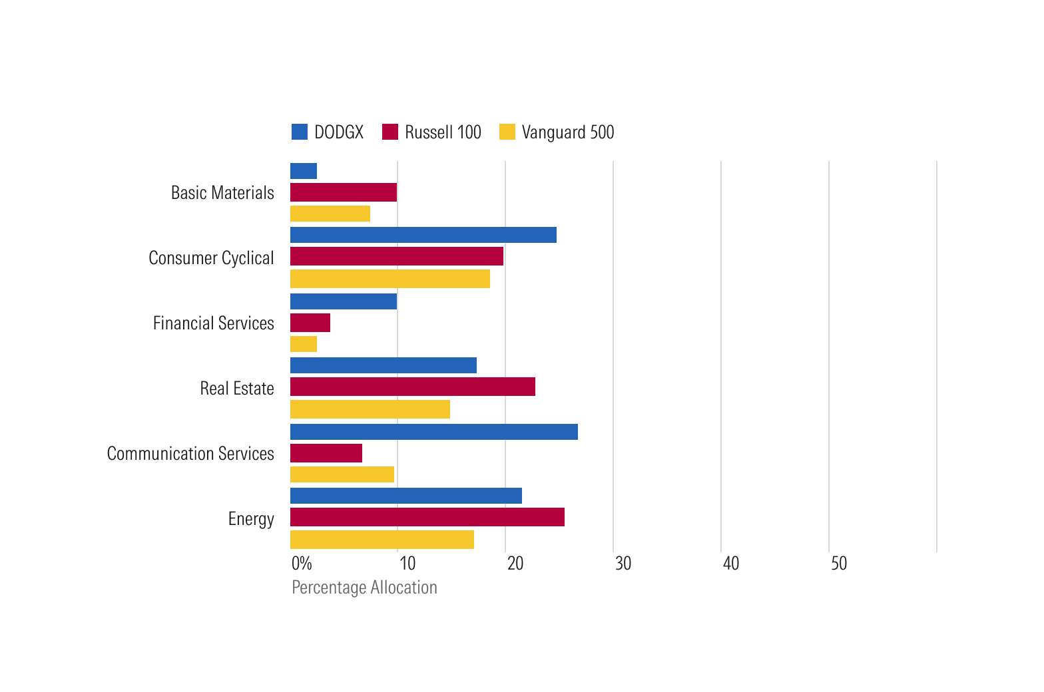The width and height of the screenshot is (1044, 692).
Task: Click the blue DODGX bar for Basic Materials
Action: [304, 171]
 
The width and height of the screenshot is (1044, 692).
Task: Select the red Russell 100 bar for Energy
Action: [427, 517]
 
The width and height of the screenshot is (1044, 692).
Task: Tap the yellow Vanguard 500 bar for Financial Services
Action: [304, 344]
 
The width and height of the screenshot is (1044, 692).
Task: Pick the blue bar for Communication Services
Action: [433, 432]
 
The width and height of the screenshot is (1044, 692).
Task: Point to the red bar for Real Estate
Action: [412, 387]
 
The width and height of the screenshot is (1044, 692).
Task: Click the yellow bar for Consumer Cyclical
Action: [390, 279]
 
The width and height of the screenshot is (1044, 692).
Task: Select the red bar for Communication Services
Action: [326, 453]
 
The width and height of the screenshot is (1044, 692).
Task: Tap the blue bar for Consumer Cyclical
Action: [423, 235]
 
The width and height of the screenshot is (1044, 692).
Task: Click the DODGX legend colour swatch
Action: [300, 132]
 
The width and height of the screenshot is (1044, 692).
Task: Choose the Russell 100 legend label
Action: [443, 132]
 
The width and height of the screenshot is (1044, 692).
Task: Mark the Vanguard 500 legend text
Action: [567, 132]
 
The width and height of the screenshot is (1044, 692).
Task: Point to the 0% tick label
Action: [302, 564]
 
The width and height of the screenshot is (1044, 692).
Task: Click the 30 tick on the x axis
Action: [623, 564]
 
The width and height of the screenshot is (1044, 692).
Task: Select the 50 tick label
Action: [838, 564]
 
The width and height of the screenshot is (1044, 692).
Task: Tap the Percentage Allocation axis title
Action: [364, 588]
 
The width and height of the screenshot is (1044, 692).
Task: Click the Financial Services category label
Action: [213, 323]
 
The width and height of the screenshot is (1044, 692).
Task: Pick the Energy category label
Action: [251, 519]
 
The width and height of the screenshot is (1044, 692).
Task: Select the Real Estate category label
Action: [237, 389]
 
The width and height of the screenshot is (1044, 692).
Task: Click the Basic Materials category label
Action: [222, 193]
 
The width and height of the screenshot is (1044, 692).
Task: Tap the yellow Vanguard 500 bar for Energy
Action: [382, 540]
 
